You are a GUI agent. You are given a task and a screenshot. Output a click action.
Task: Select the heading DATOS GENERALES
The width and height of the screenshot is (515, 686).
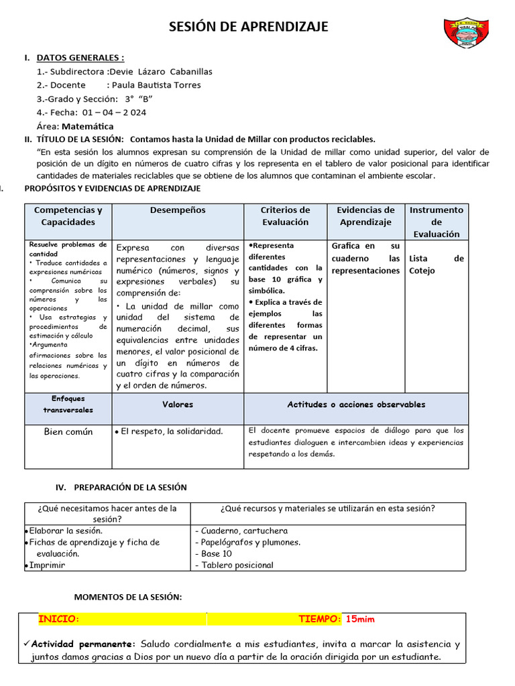point(80,58)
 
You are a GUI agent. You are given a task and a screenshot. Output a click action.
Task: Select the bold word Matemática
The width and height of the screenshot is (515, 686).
point(87,126)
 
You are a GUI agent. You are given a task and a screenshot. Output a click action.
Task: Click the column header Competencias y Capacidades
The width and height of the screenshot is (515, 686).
point(68,216)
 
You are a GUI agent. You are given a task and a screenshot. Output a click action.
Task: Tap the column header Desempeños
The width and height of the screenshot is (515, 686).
point(178,210)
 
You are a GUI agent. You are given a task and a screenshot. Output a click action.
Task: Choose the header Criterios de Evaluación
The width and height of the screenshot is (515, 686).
point(285,216)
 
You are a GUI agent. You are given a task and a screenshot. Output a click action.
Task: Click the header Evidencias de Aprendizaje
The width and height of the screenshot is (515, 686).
point(365,216)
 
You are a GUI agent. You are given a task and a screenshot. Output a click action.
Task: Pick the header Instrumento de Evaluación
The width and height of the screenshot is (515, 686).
point(437,222)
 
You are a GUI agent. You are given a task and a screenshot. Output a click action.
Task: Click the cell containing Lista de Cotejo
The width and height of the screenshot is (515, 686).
point(436,265)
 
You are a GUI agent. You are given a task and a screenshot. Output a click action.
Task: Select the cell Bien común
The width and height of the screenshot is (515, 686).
point(68,432)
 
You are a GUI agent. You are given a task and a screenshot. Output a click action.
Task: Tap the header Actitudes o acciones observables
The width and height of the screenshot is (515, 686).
point(356,405)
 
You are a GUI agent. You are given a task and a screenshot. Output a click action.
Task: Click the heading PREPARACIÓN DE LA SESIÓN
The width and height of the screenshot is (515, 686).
point(130,487)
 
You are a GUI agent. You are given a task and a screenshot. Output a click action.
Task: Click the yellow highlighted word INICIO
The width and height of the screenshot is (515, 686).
point(59,620)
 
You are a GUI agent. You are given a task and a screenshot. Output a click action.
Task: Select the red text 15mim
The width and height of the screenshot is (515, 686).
point(360,620)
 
